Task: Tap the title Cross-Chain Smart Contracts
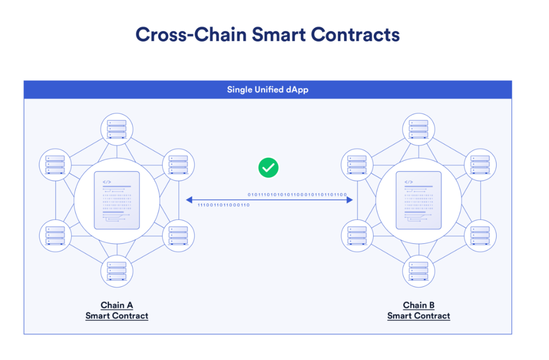coord(267,34)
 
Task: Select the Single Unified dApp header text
coord(268,90)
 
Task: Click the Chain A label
coord(117,305)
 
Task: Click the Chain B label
coord(418,305)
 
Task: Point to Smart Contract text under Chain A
coord(117,316)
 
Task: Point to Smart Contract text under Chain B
coord(418,316)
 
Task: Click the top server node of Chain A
coord(117,129)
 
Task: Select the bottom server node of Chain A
coord(117,271)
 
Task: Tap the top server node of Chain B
coord(418,129)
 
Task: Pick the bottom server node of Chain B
coord(418,271)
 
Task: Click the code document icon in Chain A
coord(117,200)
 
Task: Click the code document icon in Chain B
coord(418,200)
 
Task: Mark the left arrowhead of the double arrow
coord(189,200)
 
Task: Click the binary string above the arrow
coord(297,195)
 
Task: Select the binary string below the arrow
coord(224,205)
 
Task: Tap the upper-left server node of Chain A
coord(55,164)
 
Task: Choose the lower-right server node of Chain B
coord(479,236)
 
